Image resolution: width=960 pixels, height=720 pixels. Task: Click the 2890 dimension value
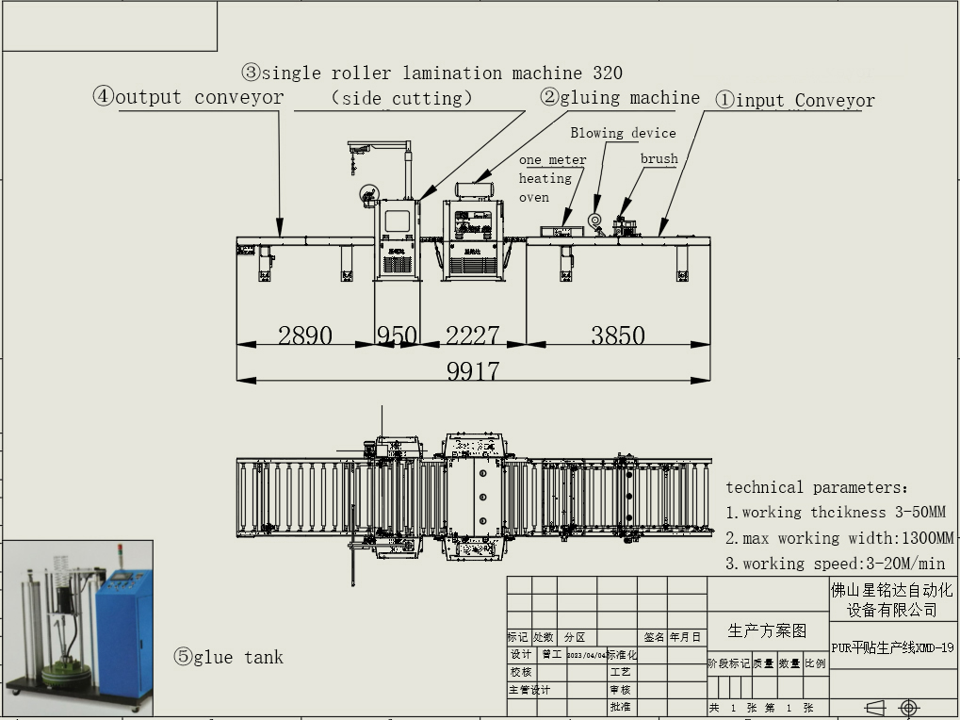[x=305, y=335]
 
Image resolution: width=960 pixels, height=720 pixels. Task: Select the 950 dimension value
[x=397, y=335]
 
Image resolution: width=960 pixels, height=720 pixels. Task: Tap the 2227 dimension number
[x=472, y=335]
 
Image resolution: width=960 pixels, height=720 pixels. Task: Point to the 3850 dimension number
[x=618, y=335]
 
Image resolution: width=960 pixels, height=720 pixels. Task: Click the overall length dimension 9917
[x=473, y=370]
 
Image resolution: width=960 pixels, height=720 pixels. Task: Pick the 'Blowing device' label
[x=623, y=133]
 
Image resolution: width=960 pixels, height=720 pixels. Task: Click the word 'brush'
[x=659, y=158]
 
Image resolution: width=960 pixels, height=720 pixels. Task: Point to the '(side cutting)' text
[x=401, y=98]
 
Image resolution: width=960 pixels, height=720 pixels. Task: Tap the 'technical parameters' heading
[x=817, y=487]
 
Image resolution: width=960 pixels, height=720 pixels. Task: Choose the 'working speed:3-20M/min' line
[x=836, y=564]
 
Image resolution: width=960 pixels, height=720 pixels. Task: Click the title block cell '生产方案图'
[x=767, y=630]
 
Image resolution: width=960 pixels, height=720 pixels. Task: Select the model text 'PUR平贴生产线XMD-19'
[x=893, y=647]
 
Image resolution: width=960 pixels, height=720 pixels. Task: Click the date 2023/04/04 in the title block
[x=586, y=655]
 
